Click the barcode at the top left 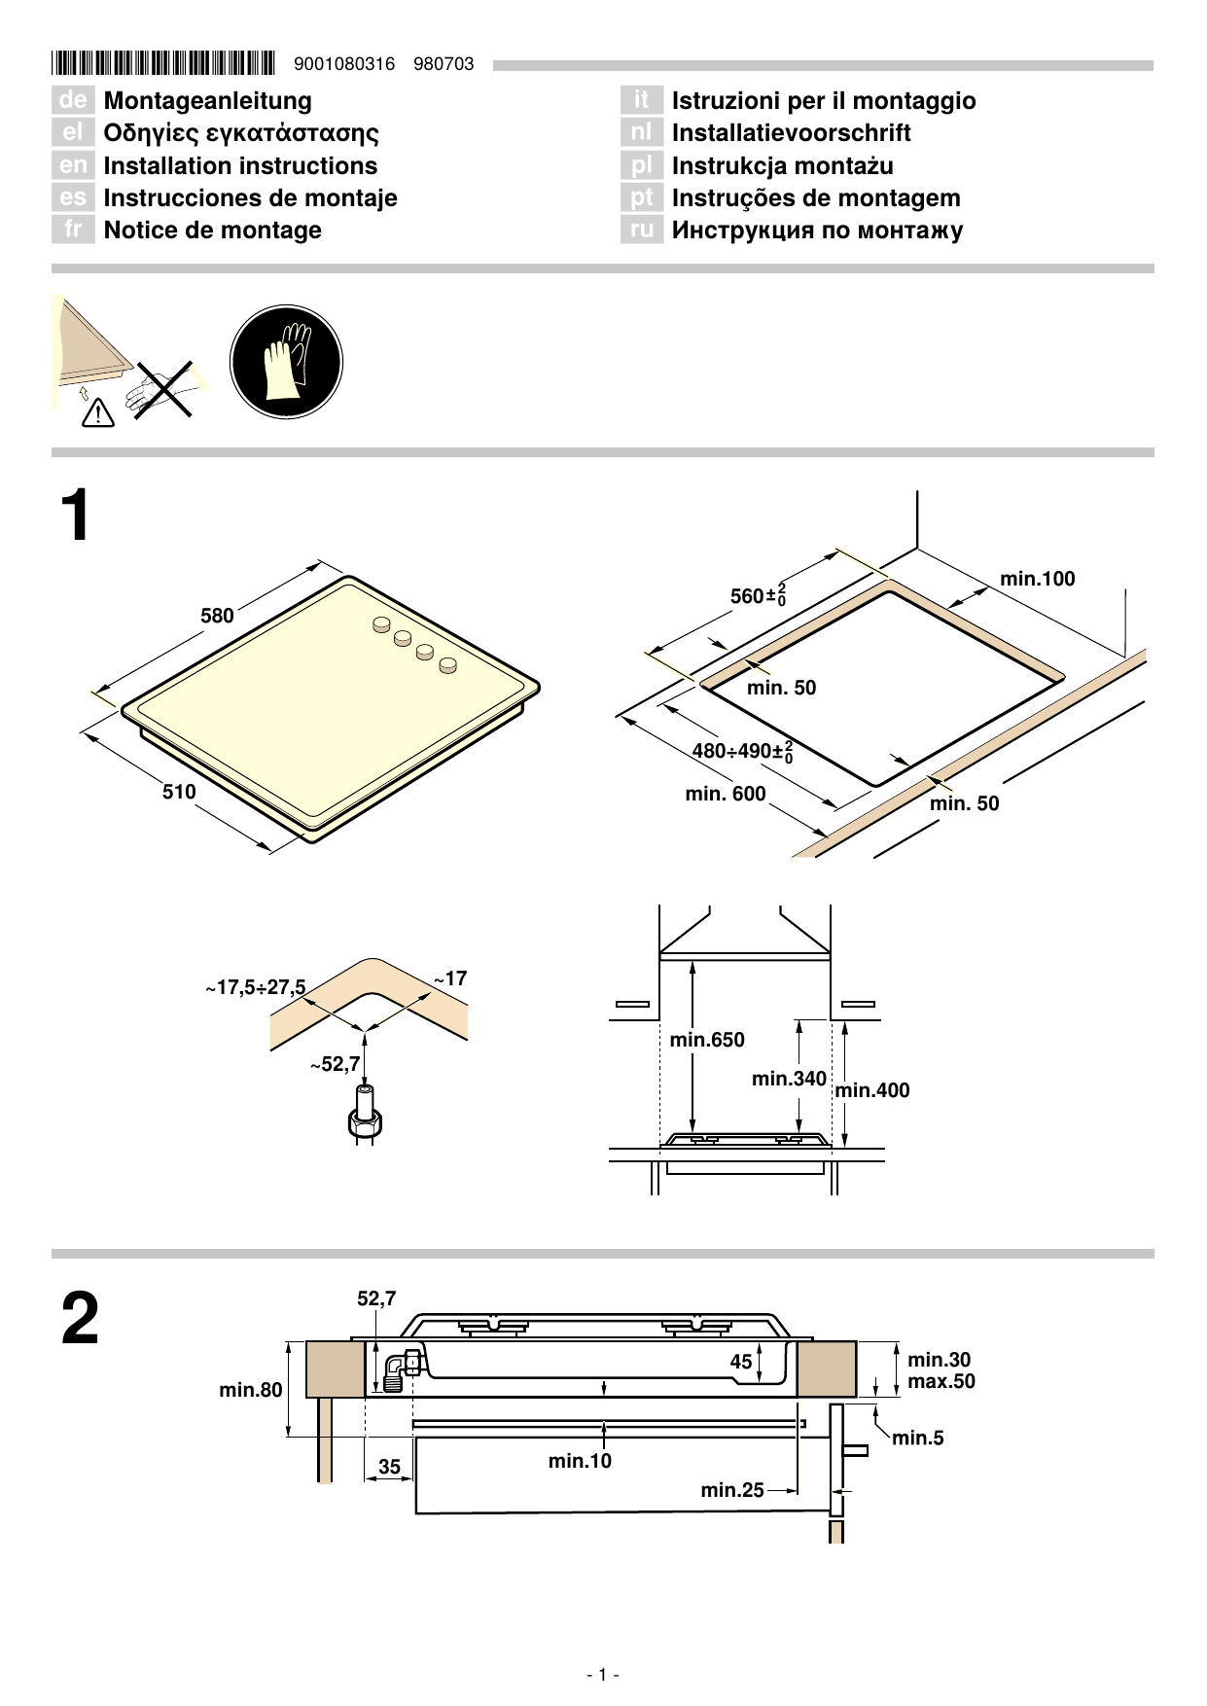tap(163, 64)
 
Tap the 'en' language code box tap(73, 165)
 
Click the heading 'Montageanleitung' tap(207, 101)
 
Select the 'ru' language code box tap(641, 231)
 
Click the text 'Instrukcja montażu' tap(782, 166)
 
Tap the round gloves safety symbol tap(286, 362)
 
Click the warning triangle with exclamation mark tap(98, 413)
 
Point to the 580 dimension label tap(217, 616)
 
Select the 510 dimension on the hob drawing tap(179, 792)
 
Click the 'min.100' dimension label tap(1037, 579)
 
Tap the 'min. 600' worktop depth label tap(725, 794)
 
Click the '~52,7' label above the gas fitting tap(336, 1065)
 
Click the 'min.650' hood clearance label tap(707, 1040)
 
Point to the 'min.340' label tap(789, 1079)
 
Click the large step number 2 tap(80, 1319)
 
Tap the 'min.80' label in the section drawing tap(250, 1390)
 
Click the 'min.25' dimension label tap(731, 1490)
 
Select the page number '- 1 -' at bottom tap(603, 1674)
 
